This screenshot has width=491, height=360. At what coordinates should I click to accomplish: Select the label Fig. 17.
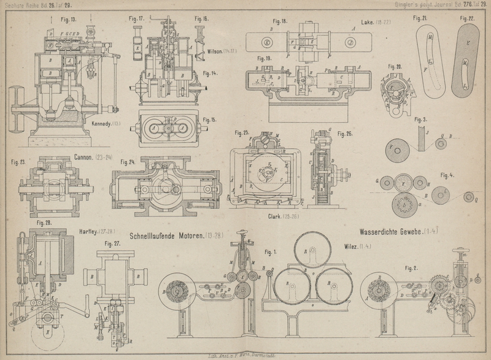(136, 18)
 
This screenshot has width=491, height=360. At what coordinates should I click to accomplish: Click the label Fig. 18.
(279, 21)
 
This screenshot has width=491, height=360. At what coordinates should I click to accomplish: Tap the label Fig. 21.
(420, 18)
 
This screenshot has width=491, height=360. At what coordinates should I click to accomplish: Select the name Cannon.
(83, 157)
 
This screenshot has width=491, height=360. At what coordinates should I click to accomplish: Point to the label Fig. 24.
(128, 163)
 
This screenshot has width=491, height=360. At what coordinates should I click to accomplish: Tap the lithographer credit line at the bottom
(245, 355)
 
